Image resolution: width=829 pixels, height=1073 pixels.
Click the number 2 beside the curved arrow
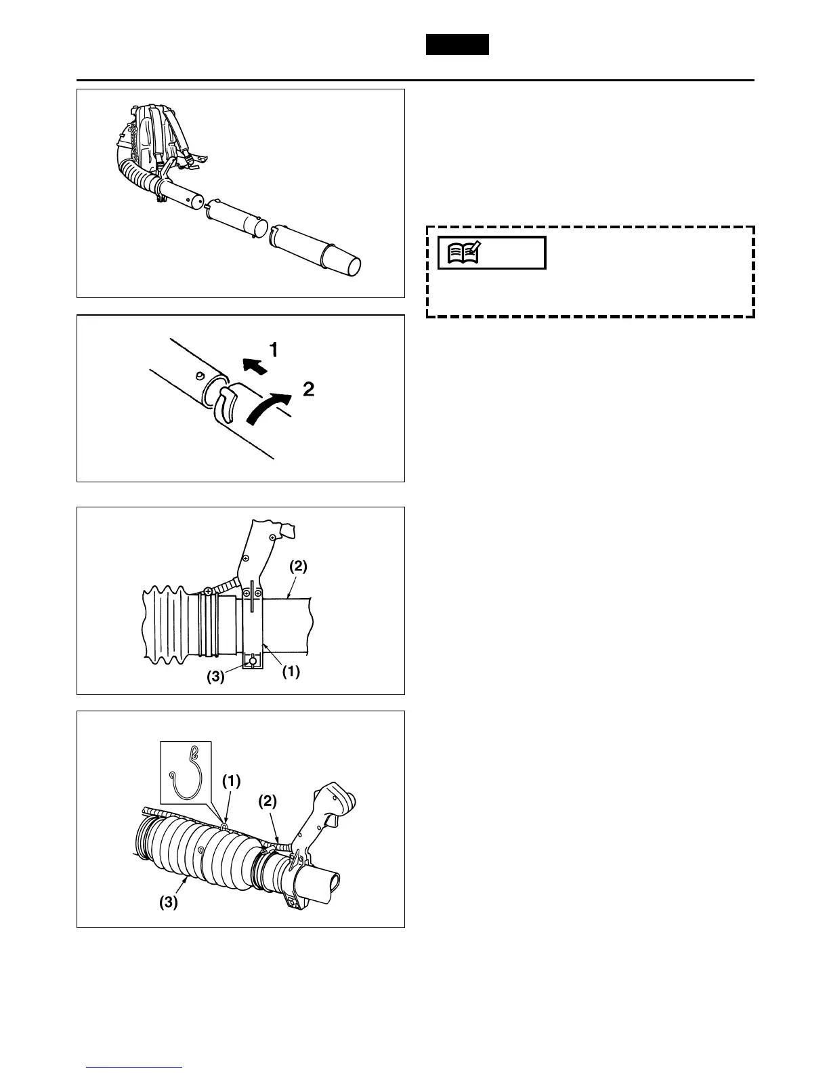(308, 390)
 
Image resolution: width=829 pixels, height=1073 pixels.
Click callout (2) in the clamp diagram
(298, 566)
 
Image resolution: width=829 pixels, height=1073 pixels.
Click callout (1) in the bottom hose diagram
(232, 780)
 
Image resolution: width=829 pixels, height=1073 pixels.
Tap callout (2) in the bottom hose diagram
(268, 801)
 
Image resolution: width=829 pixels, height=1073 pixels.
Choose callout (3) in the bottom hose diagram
(168, 902)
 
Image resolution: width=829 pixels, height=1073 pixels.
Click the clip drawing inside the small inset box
(185, 773)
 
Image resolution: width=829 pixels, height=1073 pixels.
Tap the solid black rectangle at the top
(457, 44)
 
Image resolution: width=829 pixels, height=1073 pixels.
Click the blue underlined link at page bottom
(135, 1067)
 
